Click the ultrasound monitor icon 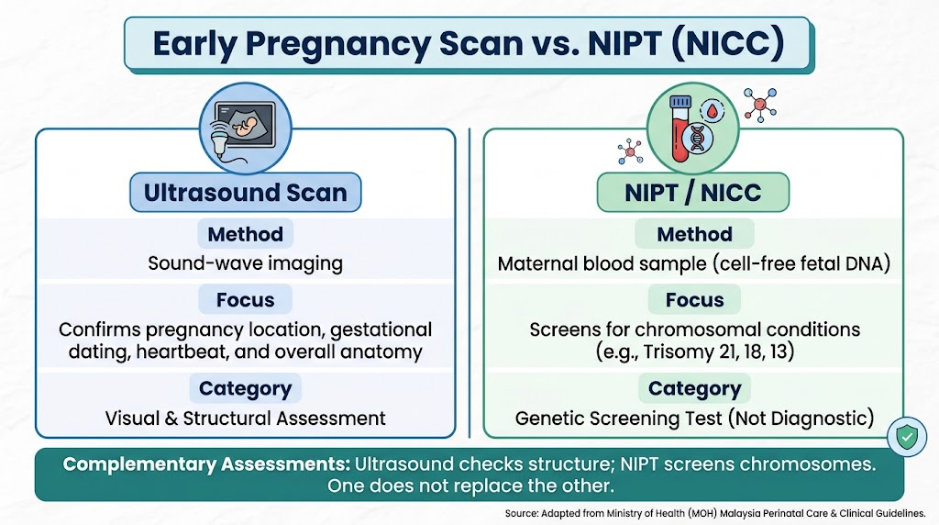point(245,128)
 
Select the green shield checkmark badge point(907,436)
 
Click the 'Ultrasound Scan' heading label point(246,193)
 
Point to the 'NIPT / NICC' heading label point(693,193)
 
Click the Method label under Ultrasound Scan point(246,234)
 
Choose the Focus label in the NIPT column point(695,299)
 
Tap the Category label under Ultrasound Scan point(246,388)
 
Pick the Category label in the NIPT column point(695,388)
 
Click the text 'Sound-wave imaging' point(246,263)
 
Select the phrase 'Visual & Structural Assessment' point(246,419)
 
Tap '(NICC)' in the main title point(728,43)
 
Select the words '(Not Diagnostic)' point(801,419)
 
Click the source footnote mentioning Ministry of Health point(715,514)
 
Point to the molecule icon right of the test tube point(760,105)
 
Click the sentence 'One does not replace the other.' point(470,486)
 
